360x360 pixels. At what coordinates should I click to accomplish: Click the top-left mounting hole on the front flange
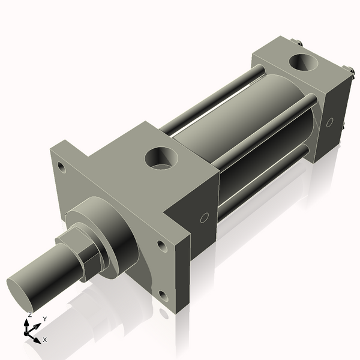click(60, 166)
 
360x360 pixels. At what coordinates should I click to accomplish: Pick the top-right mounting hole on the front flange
click(161, 245)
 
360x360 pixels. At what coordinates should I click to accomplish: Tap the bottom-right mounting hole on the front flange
click(163, 295)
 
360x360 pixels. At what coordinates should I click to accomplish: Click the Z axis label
click(30, 315)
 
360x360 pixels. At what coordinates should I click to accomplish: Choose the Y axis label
click(45, 319)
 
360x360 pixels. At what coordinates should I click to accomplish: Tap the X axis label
click(45, 340)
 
